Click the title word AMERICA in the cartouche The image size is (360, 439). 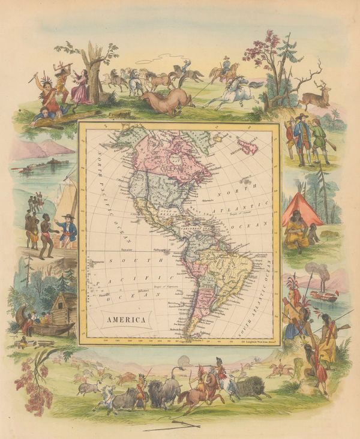[x=127, y=320]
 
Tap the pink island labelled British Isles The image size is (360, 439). [x=247, y=145]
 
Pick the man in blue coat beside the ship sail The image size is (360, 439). [x=67, y=231]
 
